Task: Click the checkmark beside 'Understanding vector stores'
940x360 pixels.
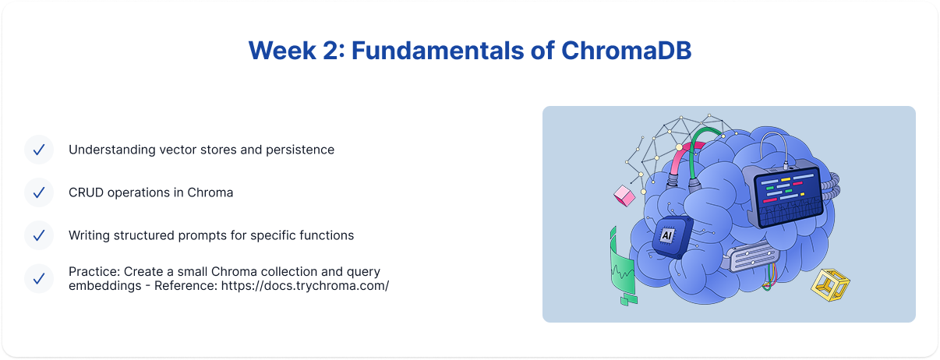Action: click(39, 150)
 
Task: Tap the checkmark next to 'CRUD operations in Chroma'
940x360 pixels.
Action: click(39, 192)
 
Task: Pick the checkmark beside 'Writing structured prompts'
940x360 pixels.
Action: click(39, 235)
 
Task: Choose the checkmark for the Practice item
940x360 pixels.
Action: click(39, 278)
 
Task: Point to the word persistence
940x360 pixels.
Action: click(299, 150)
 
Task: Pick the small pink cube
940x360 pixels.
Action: click(624, 196)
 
